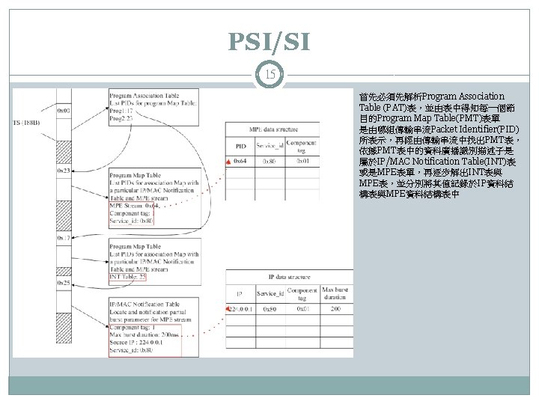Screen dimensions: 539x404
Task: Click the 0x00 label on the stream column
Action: click(64, 109)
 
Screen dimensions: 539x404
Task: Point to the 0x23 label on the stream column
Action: click(64, 171)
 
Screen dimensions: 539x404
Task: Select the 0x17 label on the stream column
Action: click(64, 237)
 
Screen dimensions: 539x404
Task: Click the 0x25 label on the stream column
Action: click(64, 284)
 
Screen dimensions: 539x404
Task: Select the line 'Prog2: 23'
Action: click(121, 118)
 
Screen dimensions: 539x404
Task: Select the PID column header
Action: click(240, 147)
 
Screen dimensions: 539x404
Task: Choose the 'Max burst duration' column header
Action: click(334, 293)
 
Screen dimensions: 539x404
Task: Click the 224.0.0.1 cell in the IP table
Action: click(241, 308)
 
